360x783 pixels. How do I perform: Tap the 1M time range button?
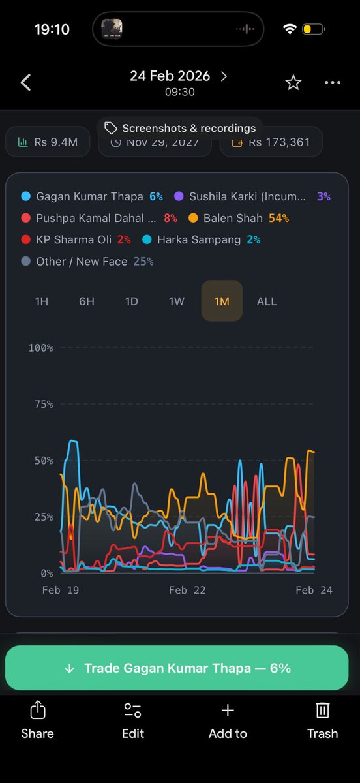[x=222, y=301]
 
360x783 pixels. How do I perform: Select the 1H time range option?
[x=42, y=301]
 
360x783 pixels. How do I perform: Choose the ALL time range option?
[x=266, y=301]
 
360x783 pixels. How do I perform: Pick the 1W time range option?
[x=177, y=301]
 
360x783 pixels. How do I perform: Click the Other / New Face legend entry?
[x=87, y=261]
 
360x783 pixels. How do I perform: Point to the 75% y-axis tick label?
[x=40, y=405]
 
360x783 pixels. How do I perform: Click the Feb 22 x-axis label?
[x=187, y=590]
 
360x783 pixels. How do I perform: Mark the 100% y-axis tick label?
[x=40, y=348]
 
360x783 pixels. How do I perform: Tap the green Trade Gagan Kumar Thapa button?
[x=177, y=668]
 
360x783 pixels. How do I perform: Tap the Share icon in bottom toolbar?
[x=37, y=711]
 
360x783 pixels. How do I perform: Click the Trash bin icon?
[x=322, y=711]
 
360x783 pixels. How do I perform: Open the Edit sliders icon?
[x=132, y=711]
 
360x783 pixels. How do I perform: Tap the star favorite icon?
[x=293, y=82]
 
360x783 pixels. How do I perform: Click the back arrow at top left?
[x=26, y=82]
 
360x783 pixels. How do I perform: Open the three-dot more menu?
[x=332, y=82]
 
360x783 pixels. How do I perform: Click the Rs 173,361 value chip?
[x=271, y=142]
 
